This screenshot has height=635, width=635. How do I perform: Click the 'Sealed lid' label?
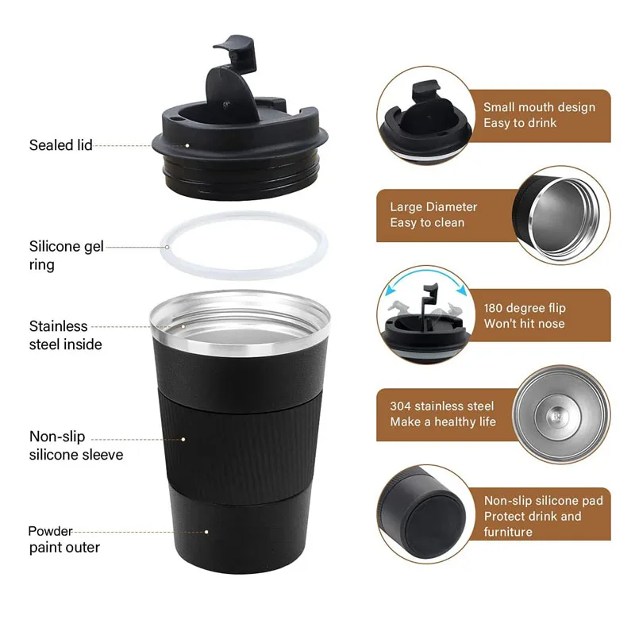pyautogui.click(x=60, y=144)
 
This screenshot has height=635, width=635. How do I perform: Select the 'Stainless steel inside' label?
pyautogui.click(x=65, y=335)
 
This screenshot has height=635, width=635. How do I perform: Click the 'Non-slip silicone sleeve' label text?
pyautogui.click(x=75, y=445)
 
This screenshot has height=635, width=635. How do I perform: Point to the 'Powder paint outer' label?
pyautogui.click(x=64, y=539)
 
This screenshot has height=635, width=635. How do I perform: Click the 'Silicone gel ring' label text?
pyautogui.click(x=66, y=255)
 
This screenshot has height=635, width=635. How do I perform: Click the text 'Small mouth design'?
pyautogui.click(x=539, y=107)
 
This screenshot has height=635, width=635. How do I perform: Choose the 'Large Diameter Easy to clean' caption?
pyautogui.click(x=433, y=214)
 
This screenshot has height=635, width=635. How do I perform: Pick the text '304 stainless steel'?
pyautogui.click(x=441, y=406)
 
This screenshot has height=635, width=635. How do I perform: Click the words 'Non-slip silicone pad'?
pyautogui.click(x=543, y=500)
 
